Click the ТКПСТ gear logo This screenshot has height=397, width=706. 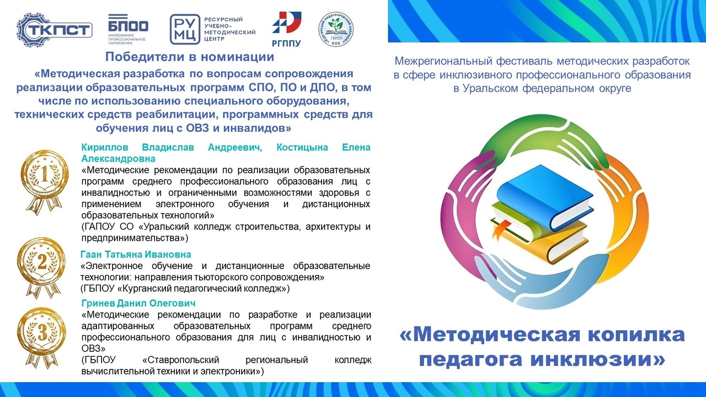54,30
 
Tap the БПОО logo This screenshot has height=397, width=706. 127,30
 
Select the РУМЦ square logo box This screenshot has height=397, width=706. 185,29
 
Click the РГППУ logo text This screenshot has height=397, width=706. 286,43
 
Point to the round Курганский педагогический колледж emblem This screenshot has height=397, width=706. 335,29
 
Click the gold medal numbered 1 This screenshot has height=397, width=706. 45,182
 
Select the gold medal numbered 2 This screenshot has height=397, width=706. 42,267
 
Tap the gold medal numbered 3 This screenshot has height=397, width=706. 42,337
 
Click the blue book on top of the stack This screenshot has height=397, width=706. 544,197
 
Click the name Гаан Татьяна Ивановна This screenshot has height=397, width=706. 136,254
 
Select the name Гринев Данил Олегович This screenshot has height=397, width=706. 138,303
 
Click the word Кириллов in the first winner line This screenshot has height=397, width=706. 105,147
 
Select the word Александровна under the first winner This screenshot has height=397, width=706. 119,158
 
